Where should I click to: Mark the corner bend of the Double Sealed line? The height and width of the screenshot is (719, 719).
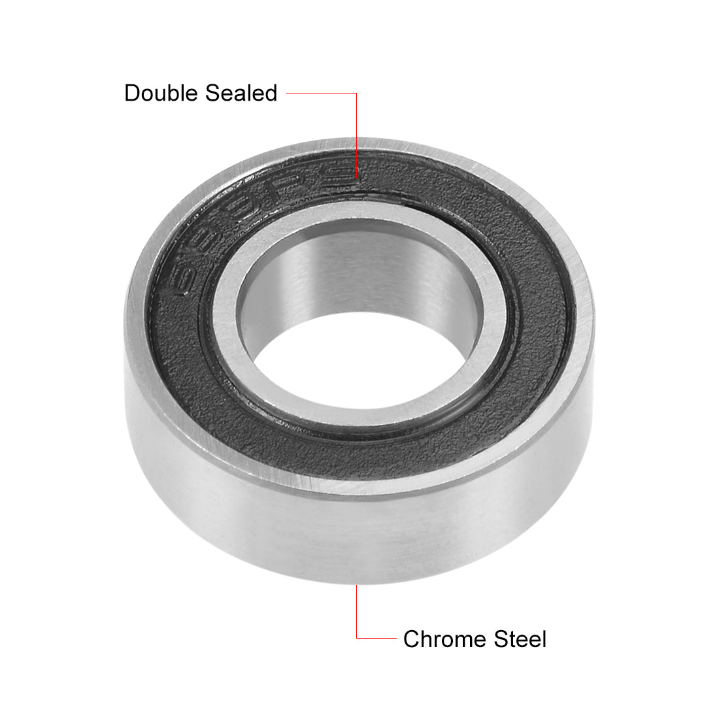click(356, 93)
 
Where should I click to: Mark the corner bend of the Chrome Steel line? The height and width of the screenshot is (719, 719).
click(357, 637)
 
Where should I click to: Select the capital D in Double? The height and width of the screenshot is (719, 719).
click(132, 93)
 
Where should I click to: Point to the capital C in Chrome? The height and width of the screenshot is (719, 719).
click(412, 638)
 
